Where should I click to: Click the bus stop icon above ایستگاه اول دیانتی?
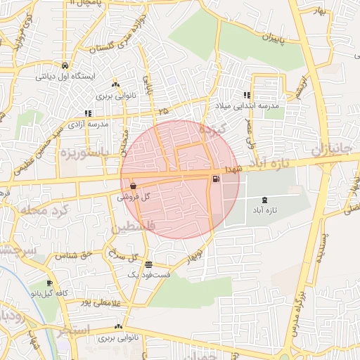click(x=65, y=61)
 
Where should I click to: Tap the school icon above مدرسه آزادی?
click(x=88, y=113)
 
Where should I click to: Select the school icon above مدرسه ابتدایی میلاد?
click(x=247, y=95)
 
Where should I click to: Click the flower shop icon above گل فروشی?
click(x=133, y=186)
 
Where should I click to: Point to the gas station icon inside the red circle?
click(x=214, y=179)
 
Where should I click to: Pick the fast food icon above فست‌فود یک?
click(x=148, y=264)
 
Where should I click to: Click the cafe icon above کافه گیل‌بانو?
click(x=49, y=283)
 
